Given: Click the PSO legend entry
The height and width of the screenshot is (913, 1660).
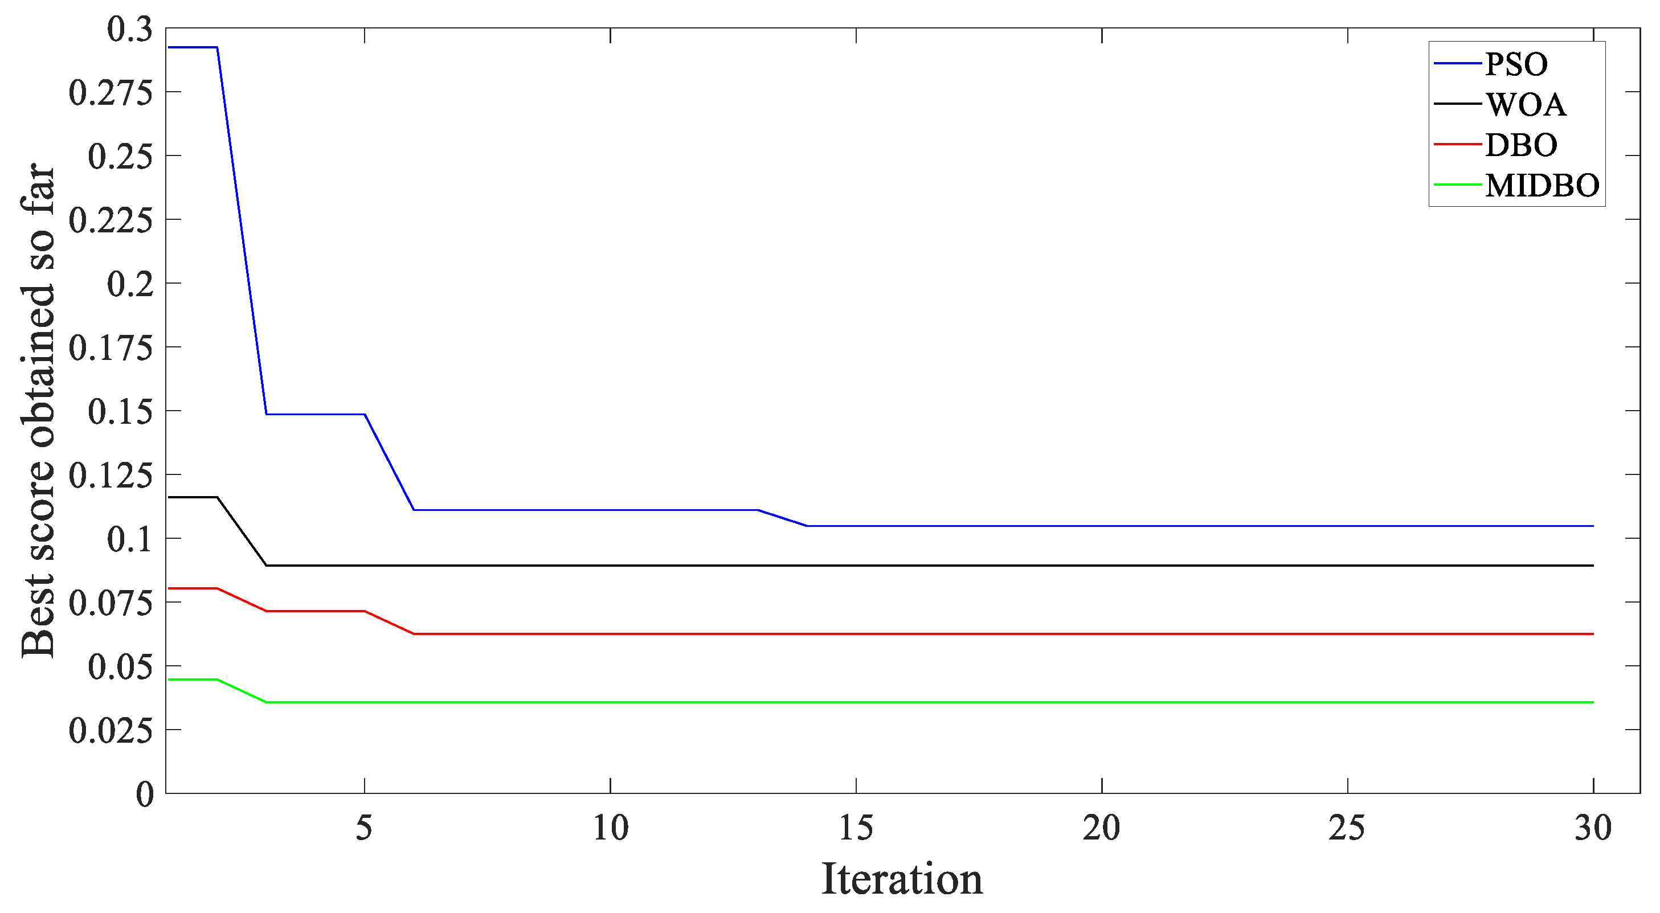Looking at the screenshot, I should [1516, 64].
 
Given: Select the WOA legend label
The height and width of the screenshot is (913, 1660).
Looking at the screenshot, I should [1526, 104].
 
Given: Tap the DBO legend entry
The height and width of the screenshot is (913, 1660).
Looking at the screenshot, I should [1521, 145].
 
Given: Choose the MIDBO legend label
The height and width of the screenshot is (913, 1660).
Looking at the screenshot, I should [1542, 186].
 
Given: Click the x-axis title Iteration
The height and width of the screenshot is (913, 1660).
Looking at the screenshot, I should [902, 879].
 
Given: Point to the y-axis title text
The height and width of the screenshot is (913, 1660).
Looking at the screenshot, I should [39, 411].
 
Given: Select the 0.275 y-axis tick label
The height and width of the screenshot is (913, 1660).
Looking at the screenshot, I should [111, 93].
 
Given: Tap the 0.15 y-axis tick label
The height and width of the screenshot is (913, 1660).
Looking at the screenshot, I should [121, 412].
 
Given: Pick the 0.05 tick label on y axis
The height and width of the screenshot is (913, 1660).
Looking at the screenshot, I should [121, 667].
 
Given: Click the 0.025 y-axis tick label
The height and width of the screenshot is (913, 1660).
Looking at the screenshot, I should [111, 731].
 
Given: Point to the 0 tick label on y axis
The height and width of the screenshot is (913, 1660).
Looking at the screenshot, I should [144, 795].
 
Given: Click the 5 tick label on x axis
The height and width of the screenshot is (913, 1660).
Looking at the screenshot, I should [364, 828].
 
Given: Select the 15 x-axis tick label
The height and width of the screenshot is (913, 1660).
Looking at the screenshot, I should [856, 828].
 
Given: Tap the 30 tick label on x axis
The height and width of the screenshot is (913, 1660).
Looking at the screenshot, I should [1593, 828].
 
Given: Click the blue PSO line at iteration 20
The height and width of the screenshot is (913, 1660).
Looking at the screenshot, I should [1102, 526].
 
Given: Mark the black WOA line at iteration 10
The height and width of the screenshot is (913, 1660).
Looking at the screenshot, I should [610, 566].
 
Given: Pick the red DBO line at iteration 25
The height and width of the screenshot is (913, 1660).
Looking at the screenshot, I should [1347, 634].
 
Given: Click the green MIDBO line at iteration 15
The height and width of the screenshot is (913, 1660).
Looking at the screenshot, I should [856, 702].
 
